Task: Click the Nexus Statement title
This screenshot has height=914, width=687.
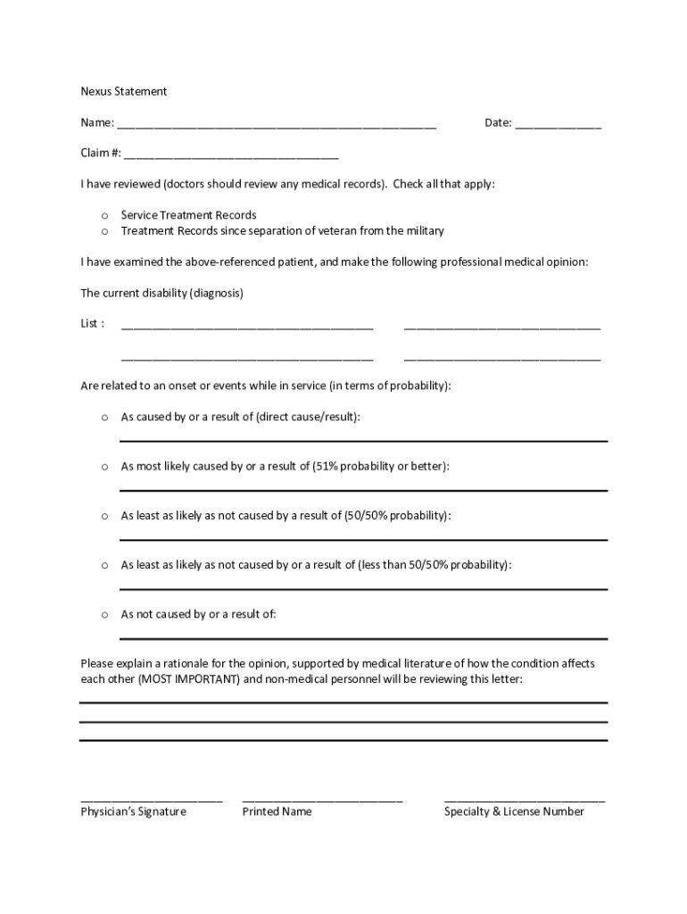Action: click(x=124, y=91)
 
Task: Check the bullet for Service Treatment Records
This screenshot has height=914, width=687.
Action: click(x=104, y=215)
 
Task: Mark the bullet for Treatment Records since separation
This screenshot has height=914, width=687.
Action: click(x=104, y=231)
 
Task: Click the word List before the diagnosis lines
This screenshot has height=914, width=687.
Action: click(x=90, y=323)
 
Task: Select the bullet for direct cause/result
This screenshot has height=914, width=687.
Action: click(x=104, y=417)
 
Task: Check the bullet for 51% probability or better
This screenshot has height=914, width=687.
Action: click(x=104, y=467)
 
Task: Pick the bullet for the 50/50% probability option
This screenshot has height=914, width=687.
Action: click(x=104, y=516)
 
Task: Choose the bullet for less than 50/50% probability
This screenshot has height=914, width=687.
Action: click(x=104, y=565)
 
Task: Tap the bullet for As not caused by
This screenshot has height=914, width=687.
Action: click(x=104, y=615)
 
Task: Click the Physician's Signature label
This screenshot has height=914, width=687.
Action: click(x=133, y=811)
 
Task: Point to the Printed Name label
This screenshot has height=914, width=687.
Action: click(x=277, y=811)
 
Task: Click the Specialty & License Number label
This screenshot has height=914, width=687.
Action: click(x=514, y=811)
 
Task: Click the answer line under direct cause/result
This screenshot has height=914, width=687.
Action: click(x=363, y=440)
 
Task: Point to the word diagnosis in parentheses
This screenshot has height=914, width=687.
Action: click(x=212, y=293)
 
